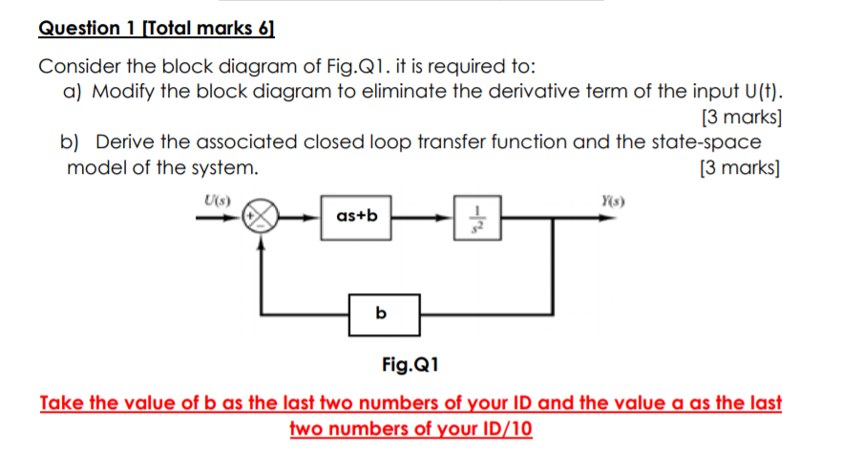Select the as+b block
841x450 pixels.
click(357, 216)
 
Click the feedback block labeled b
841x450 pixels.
click(382, 313)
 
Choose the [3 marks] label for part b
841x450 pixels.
click(741, 169)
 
